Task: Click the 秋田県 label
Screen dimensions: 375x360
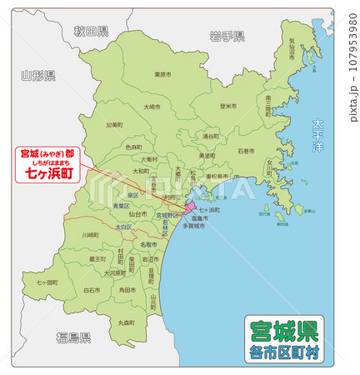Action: (91, 32)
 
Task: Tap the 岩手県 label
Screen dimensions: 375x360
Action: (227, 36)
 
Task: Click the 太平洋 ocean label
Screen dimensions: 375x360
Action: (317, 134)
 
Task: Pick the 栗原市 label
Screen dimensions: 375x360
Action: (162, 74)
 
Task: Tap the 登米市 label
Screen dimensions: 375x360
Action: (227, 106)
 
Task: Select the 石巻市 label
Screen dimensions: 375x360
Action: (246, 152)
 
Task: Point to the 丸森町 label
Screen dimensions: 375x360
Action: (127, 322)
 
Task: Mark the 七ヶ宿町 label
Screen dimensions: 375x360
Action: (47, 282)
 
